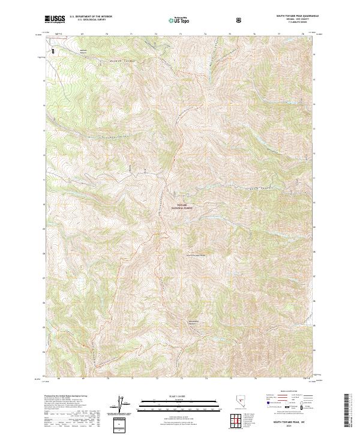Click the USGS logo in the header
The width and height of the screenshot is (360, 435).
(x=55, y=19)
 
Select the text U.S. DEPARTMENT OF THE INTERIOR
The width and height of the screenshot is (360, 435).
(x=89, y=17)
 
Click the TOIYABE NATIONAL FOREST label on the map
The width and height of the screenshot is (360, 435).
(x=182, y=206)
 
